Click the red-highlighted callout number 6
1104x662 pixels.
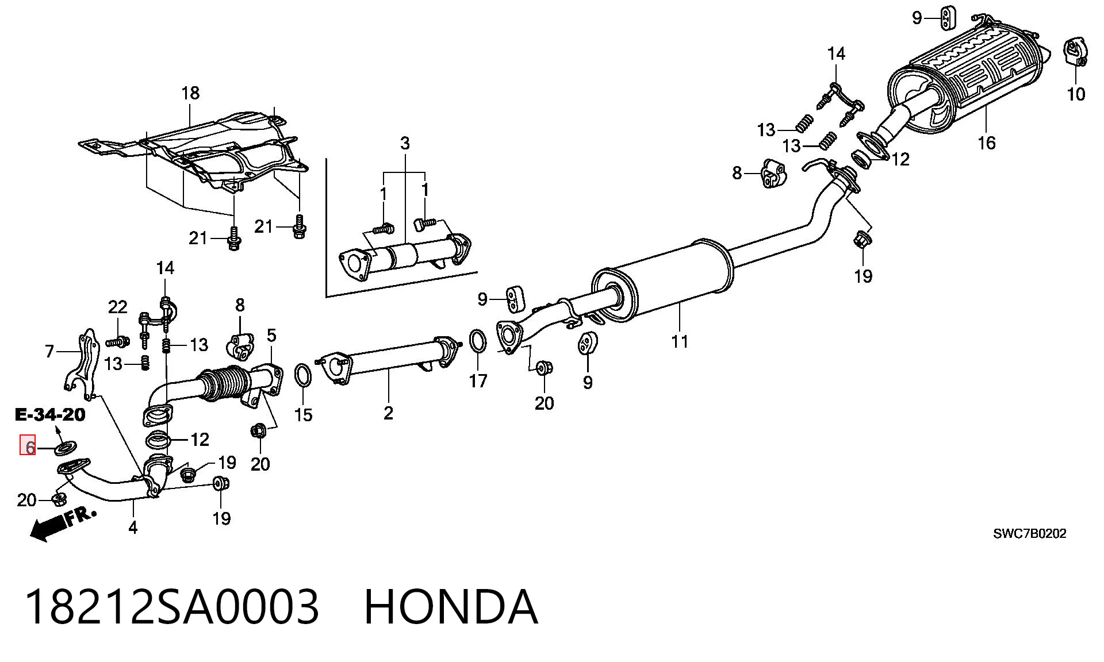28,445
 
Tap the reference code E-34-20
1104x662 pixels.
50,414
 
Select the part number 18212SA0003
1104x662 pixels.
172,607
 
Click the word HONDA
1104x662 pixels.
451,607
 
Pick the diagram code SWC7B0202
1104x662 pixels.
1030,534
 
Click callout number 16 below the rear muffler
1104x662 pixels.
986,143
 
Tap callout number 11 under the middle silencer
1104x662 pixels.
680,341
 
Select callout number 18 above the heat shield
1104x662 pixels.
190,93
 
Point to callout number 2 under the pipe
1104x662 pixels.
388,413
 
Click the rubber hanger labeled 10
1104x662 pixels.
1075,53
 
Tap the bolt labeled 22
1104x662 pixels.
117,342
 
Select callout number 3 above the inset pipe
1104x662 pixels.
405,143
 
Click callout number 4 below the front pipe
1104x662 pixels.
133,527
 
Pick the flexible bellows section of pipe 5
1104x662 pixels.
224,383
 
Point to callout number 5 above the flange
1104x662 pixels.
271,336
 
